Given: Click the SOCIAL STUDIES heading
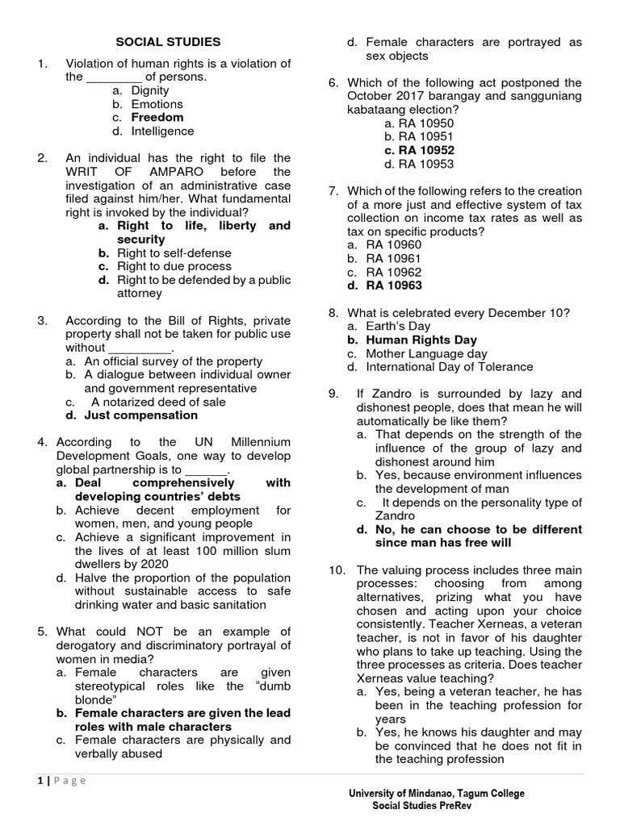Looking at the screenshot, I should click(168, 42).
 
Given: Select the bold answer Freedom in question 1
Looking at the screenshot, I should click(157, 117).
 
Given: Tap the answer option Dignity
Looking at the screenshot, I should click(150, 90).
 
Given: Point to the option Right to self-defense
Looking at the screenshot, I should click(174, 252).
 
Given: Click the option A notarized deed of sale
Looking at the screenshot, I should click(158, 402).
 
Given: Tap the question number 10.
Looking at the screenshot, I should click(337, 569).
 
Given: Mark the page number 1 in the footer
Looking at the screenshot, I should click(39, 780).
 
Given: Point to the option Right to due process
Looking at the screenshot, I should click(174, 266).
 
